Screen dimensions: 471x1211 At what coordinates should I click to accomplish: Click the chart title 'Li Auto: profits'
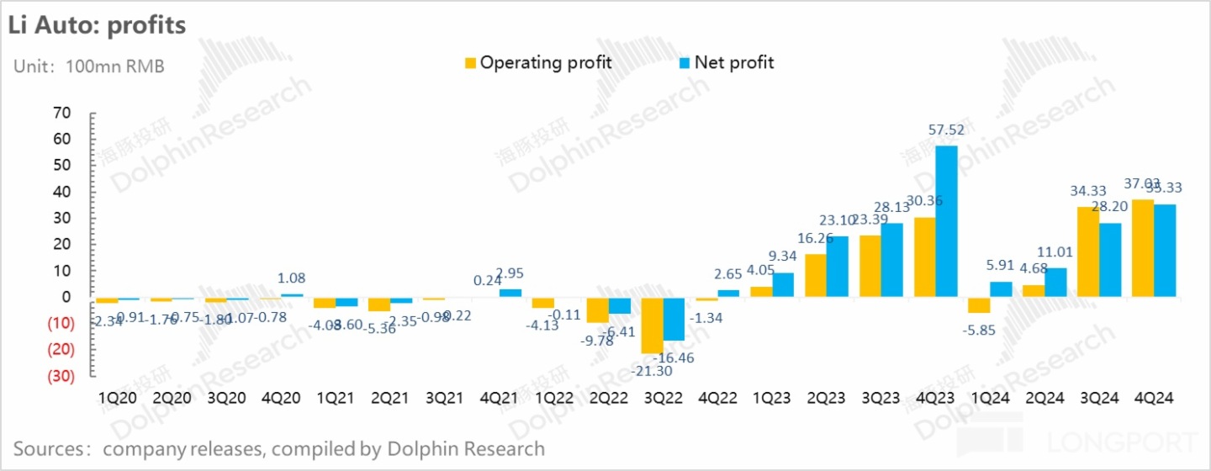(x=97, y=25)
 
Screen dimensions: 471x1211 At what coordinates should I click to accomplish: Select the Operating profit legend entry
(x=538, y=62)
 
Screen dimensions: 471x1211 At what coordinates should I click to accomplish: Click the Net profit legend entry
(x=727, y=62)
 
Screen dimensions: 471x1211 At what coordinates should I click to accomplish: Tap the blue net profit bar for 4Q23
(x=947, y=221)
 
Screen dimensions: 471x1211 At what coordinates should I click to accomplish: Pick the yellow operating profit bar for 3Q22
(x=652, y=325)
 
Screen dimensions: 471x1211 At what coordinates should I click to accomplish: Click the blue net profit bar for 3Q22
(x=674, y=319)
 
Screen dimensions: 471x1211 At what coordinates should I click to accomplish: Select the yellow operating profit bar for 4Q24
(x=1142, y=248)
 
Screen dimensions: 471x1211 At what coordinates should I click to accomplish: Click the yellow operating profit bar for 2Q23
(x=816, y=275)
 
